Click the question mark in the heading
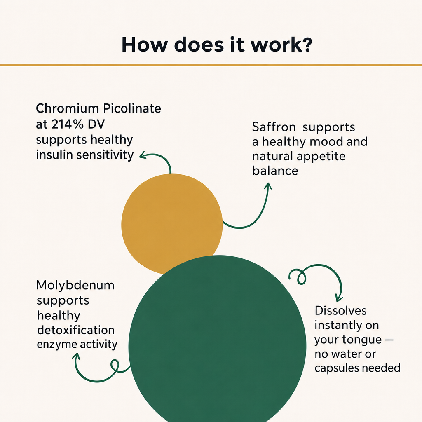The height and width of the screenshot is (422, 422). [x=307, y=44]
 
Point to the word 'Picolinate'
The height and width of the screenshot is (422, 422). [x=132, y=108]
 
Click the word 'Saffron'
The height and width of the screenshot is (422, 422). [x=274, y=127]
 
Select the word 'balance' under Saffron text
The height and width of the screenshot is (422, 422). [x=275, y=171]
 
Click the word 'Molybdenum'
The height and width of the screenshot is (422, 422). [x=75, y=286]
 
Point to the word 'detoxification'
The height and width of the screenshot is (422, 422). [x=76, y=330]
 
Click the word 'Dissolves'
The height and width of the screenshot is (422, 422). [x=340, y=311]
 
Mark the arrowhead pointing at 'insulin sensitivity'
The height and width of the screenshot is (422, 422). [x=143, y=155]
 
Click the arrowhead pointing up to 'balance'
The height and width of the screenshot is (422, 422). [x=268, y=186]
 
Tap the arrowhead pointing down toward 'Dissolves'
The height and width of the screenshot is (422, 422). [x=339, y=299]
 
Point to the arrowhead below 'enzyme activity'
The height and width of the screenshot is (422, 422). [x=76, y=356]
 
